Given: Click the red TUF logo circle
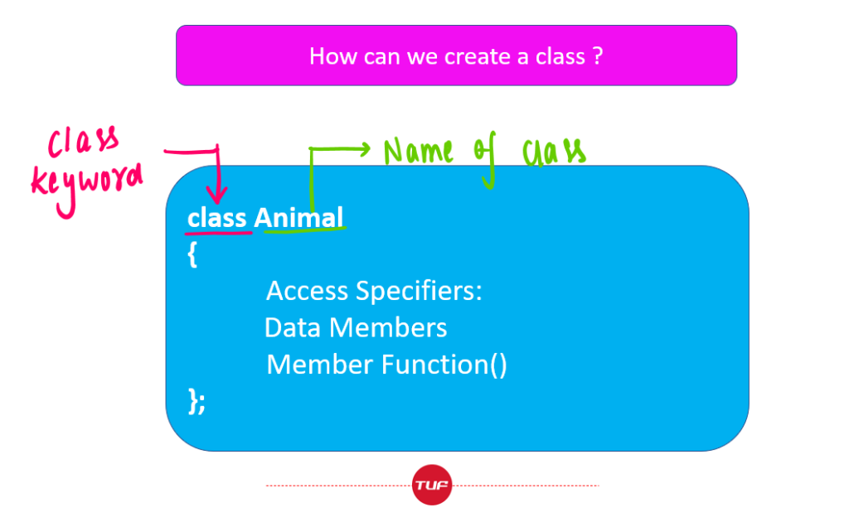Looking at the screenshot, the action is (x=431, y=485).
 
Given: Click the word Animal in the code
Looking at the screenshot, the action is (x=298, y=217).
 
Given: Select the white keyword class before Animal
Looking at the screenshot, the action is (x=216, y=218).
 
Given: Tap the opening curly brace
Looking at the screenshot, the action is (x=192, y=254).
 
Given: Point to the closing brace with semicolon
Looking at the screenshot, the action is (x=196, y=401).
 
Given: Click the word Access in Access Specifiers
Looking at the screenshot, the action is (x=307, y=291).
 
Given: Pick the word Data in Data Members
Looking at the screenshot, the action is (x=293, y=328).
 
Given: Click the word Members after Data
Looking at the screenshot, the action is (x=388, y=328).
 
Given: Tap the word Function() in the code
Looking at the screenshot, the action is (x=444, y=365).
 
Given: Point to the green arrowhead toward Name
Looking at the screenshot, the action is (x=364, y=149).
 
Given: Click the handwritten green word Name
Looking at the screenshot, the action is (x=418, y=151).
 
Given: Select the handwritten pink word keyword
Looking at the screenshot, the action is (x=86, y=186).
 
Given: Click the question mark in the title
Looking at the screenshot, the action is (x=598, y=56).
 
